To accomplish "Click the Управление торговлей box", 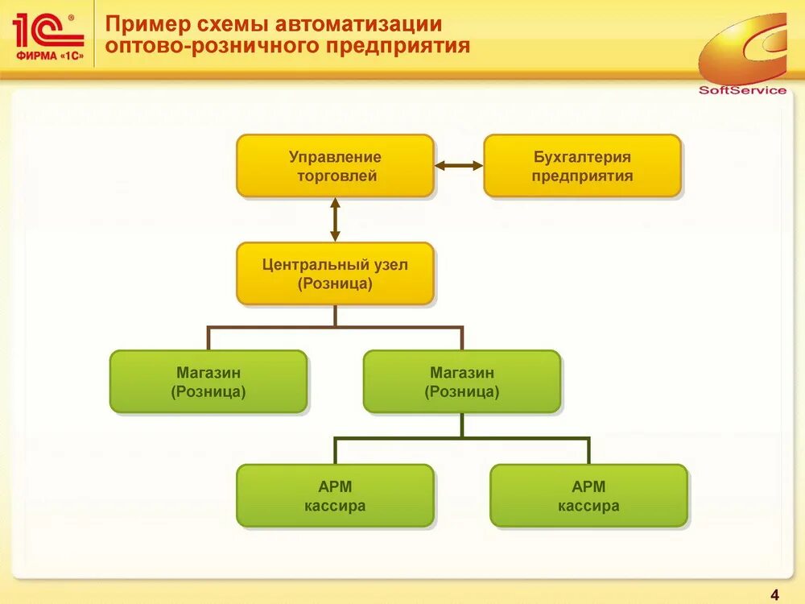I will [335, 166].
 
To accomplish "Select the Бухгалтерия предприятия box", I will [582, 166].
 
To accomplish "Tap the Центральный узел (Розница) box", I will [335, 274].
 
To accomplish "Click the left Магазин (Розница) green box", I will [208, 382].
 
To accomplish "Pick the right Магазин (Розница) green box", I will [462, 382].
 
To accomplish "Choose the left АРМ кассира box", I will [335, 496].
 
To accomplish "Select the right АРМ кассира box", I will [588, 496].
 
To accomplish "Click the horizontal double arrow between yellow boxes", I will [459, 166].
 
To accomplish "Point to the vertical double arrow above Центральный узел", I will [335, 220].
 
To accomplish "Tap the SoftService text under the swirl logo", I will [742, 90].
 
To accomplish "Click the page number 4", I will [774, 595].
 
